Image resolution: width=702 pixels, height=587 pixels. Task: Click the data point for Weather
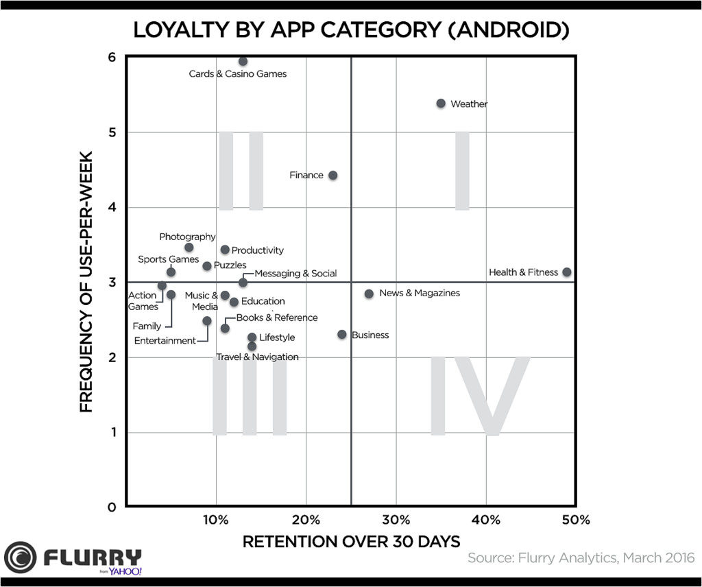[x=441, y=104]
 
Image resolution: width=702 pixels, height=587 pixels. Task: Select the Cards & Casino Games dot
[x=243, y=62]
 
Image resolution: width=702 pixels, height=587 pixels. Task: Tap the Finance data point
[x=332, y=176]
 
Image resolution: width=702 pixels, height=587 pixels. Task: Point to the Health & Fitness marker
[x=566, y=272]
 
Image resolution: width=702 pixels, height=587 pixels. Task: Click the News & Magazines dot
[x=369, y=293]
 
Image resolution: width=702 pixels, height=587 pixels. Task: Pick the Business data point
[x=342, y=335]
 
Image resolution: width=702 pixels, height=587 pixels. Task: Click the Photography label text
[x=187, y=237]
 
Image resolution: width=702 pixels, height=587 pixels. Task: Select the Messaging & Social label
[x=295, y=273]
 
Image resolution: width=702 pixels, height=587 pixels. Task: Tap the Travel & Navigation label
[x=257, y=357]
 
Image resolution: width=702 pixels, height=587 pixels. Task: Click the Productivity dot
[x=225, y=250]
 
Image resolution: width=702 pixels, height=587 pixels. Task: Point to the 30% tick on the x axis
[x=396, y=520]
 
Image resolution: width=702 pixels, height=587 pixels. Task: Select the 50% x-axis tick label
[x=575, y=520]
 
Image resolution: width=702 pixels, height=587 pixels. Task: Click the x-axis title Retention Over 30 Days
[x=351, y=542]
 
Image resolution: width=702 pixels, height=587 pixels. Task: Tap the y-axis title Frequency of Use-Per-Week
[x=86, y=282]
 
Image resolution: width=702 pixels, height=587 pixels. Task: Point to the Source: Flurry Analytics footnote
[x=581, y=558]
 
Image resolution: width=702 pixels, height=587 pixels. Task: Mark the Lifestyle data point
[x=252, y=337]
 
